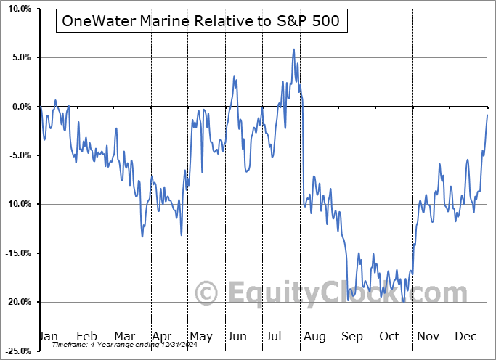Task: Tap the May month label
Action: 200,337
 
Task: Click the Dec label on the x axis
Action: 465,337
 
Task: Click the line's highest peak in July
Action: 293,49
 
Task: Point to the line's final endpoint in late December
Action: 487,115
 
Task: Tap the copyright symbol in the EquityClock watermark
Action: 207,294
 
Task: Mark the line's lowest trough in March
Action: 142,237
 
